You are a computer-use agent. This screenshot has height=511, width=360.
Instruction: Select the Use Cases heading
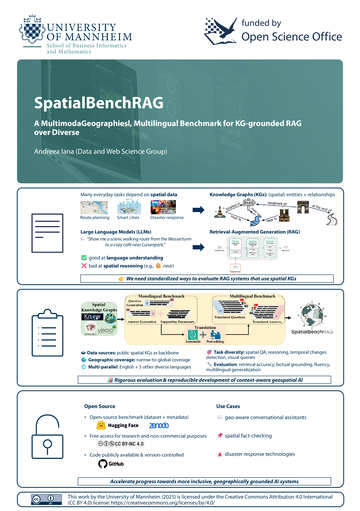tap(230, 407)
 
